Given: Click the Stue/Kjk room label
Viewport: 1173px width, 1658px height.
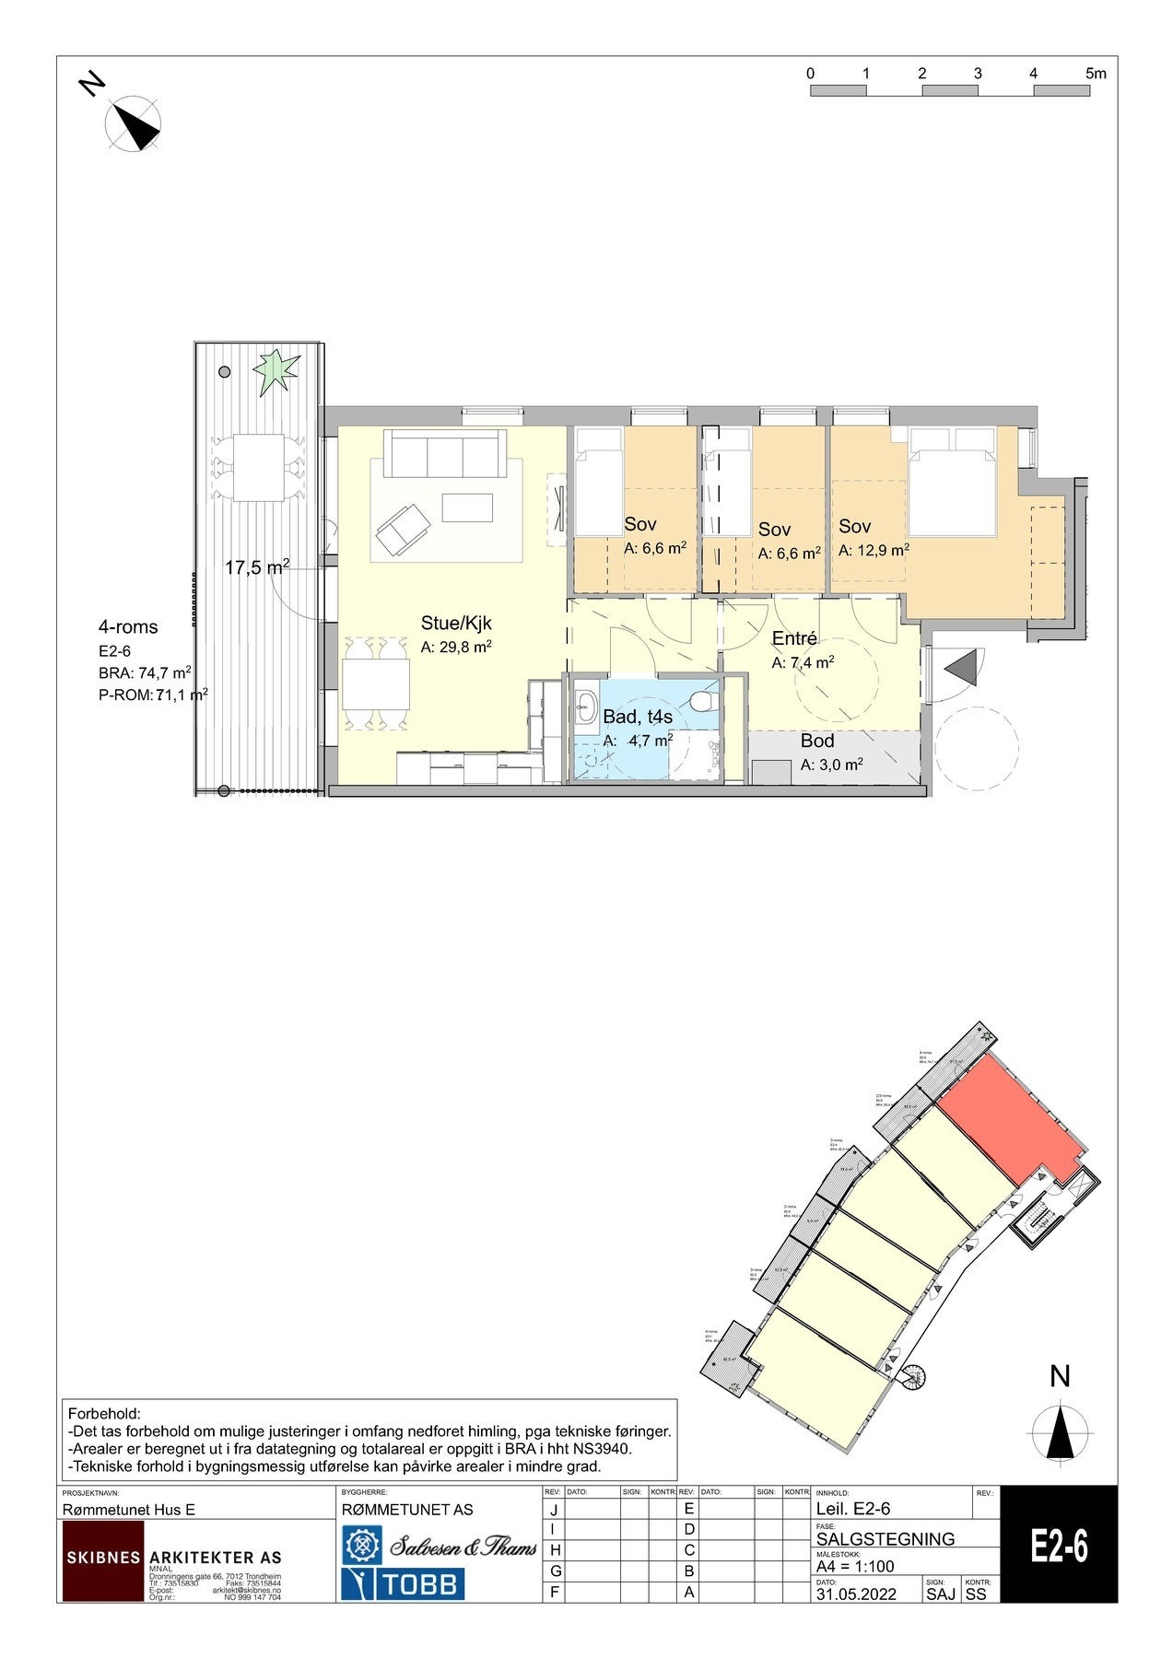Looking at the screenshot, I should [456, 624].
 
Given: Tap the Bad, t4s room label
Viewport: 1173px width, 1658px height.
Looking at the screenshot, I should [637, 717].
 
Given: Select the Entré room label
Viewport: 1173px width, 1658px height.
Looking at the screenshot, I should [794, 639].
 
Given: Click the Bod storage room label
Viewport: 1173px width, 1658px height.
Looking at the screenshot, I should [816, 741].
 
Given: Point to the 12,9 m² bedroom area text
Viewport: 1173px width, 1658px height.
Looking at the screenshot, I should [874, 551].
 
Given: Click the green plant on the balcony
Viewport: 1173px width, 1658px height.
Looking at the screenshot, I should [276, 371].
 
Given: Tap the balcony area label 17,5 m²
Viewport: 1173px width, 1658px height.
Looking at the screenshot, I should [257, 567].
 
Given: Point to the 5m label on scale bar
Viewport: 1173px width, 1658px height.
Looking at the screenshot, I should [1096, 74].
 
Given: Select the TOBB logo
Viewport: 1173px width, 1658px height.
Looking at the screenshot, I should [403, 1584].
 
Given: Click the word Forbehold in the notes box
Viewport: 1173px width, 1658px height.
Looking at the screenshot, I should [103, 1414].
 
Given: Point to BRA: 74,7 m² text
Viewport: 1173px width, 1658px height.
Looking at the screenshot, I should [145, 672].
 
